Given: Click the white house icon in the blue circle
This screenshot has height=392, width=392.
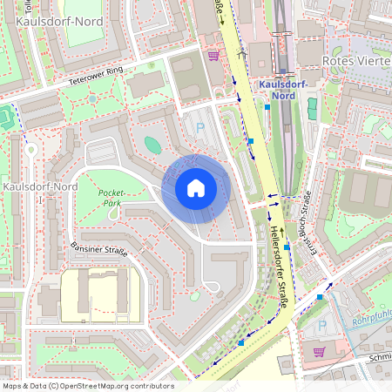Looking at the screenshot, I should coord(196,187).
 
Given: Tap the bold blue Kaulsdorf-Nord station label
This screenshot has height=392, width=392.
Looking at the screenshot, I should coord(282,90).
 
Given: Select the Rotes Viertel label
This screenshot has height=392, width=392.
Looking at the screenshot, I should coord(356,61).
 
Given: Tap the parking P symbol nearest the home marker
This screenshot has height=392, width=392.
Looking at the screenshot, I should coord(199,127).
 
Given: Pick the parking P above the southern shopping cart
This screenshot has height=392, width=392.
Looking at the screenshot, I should coord(321,325).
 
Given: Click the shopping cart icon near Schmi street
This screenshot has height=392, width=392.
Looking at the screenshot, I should coord(319,351).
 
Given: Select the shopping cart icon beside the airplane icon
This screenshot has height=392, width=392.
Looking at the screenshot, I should coord(213,55).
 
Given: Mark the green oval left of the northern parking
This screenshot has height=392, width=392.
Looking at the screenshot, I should coord(152,145).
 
